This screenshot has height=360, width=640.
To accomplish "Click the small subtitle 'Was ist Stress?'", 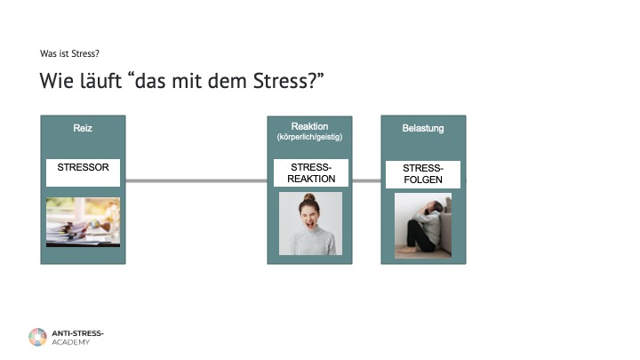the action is [x=69, y=54].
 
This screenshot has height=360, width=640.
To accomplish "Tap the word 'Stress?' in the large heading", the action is [x=288, y=80].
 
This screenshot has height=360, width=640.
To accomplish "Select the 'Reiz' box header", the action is [x=83, y=128].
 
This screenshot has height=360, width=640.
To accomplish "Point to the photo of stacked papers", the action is [x=83, y=222].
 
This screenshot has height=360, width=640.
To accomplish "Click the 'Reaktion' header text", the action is [x=309, y=126].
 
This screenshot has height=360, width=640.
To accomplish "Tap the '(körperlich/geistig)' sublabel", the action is [x=309, y=137].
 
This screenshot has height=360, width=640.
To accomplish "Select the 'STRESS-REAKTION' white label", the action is [x=310, y=173].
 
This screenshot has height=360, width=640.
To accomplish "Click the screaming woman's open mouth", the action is [x=310, y=224].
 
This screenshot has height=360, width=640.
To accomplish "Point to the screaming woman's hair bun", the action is [x=309, y=197].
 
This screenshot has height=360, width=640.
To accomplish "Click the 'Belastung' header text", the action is [x=423, y=128].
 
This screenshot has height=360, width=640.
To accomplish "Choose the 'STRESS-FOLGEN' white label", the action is [x=423, y=174].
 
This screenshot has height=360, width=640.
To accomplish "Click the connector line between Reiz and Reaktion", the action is [x=196, y=180].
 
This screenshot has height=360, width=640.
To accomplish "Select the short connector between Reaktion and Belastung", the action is [x=366, y=180].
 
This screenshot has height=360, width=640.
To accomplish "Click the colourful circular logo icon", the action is [x=37, y=337].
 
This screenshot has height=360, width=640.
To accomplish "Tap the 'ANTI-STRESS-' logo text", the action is [x=77, y=333].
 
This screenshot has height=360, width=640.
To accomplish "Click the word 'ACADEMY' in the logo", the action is [x=70, y=342].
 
